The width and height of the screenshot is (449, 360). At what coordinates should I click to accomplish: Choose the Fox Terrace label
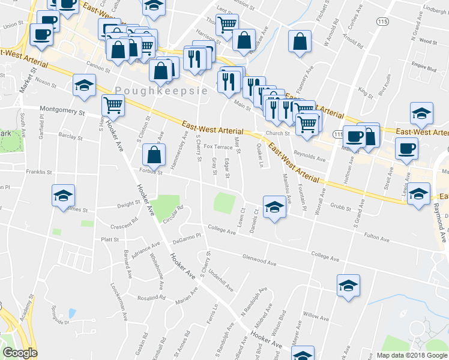(218, 146)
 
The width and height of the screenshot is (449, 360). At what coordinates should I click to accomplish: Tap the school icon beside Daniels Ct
(274, 206)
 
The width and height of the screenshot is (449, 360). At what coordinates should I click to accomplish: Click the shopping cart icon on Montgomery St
(113, 106)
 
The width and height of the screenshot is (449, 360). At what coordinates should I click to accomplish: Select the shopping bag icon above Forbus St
(155, 154)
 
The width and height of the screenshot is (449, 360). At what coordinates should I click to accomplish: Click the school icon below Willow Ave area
(303, 355)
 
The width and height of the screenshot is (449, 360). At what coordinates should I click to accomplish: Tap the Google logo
(20, 353)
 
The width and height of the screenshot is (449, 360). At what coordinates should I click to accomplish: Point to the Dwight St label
(128, 204)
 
